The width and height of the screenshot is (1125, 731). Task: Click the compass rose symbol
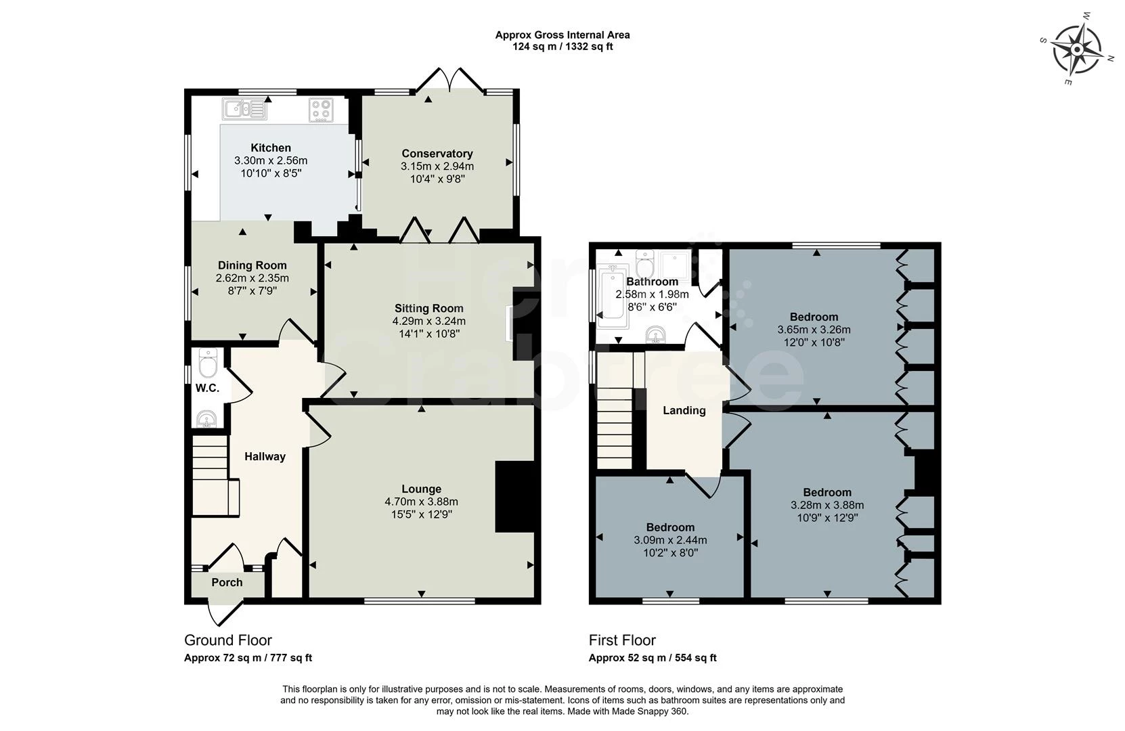[1077, 49]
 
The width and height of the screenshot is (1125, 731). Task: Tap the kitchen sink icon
[244, 109]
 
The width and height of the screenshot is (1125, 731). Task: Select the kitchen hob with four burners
[321, 110]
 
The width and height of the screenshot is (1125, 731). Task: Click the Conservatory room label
[437, 154]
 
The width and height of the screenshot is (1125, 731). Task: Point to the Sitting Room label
[428, 308]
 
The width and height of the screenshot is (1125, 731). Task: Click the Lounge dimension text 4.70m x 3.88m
[422, 502]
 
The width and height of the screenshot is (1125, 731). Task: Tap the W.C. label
[207, 388]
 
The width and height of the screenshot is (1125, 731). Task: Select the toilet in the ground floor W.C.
[208, 363]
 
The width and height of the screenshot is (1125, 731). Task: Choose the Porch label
[227, 582]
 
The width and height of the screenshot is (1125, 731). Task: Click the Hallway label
[265, 456]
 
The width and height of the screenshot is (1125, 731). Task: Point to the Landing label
[684, 411]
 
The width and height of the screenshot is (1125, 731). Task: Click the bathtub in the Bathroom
[612, 297]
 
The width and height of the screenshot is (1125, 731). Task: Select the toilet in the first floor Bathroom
[644, 261]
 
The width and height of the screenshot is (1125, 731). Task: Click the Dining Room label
[252, 265]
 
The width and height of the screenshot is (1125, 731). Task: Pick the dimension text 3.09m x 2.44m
[671, 540]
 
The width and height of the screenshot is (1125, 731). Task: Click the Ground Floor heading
[228, 640]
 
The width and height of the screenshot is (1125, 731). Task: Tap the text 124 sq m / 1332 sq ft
[562, 47]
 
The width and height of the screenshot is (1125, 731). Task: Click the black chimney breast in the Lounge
[515, 496]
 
